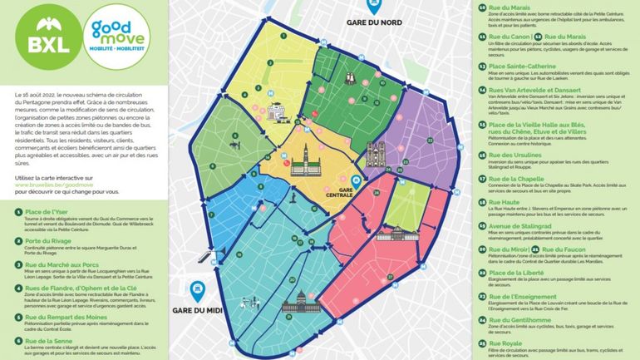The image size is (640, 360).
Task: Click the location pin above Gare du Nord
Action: pyautogui.click(x=375, y=7)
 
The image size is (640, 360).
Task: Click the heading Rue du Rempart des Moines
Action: pyautogui.click(x=63, y=316)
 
